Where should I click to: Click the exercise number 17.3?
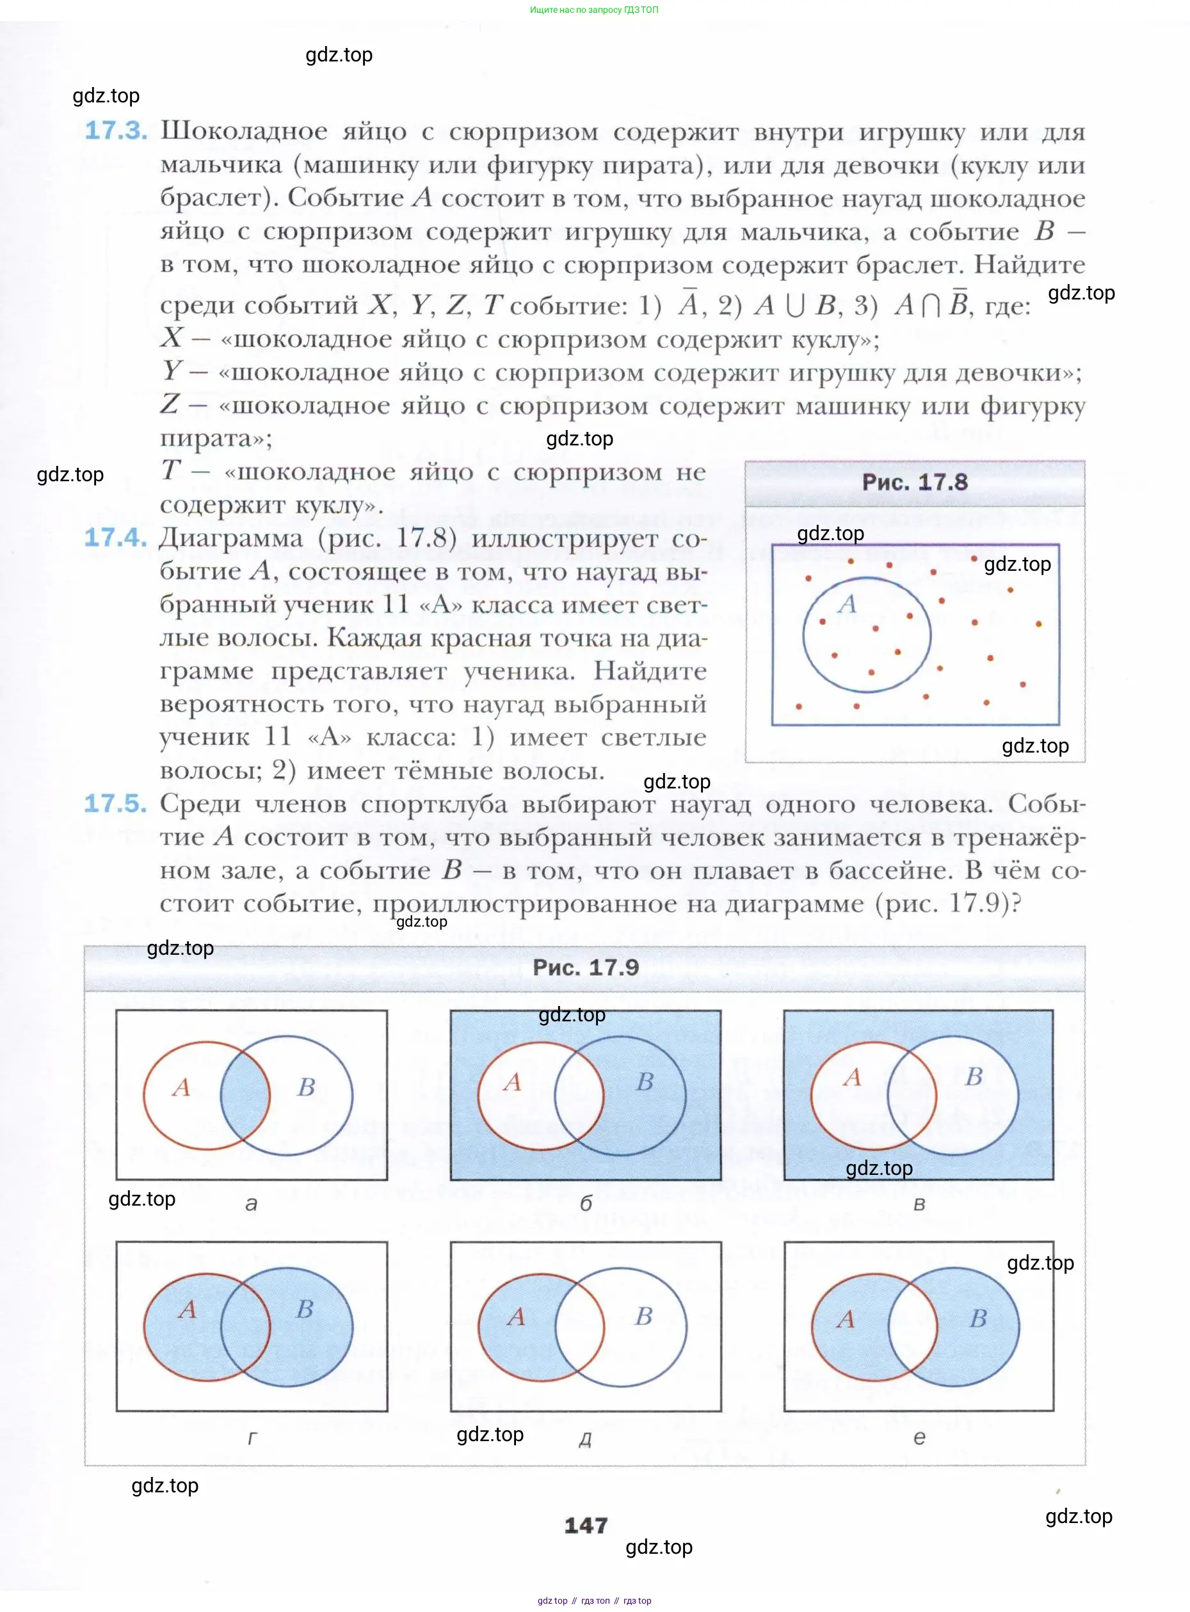click(x=116, y=131)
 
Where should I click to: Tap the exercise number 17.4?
click(x=115, y=537)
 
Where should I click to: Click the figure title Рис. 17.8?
click(x=915, y=482)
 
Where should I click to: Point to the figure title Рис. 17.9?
click(x=586, y=967)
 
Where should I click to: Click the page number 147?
click(x=586, y=1525)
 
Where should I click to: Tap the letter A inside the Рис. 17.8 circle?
click(x=847, y=603)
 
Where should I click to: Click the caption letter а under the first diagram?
click(x=251, y=1204)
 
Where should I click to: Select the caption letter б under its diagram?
click(x=586, y=1204)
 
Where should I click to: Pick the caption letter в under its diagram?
click(x=919, y=1204)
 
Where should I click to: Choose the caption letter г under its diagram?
click(x=252, y=1438)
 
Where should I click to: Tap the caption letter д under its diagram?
click(x=585, y=1439)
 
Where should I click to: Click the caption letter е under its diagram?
click(x=919, y=1438)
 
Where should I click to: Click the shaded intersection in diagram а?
click(x=245, y=1095)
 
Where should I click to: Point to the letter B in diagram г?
click(x=305, y=1308)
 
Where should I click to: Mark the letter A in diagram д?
click(x=516, y=1316)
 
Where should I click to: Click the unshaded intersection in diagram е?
click(x=913, y=1326)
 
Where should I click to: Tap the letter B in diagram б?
click(x=645, y=1081)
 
